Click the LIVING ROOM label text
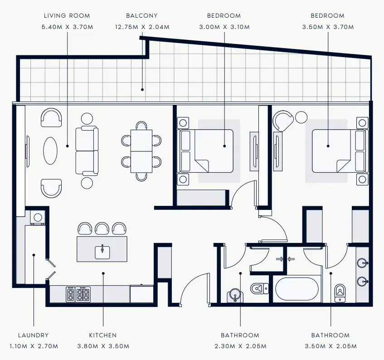tap(68, 16)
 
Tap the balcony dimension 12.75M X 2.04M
tap(142, 27)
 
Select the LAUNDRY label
tap(34, 336)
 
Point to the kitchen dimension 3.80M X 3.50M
tap(103, 346)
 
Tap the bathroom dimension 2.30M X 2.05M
tap(240, 346)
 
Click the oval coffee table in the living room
tap(50, 151)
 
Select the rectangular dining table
tap(141, 151)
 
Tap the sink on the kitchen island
tap(102, 251)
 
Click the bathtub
tap(297, 289)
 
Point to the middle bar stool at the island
tap(102, 228)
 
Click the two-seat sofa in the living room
tap(87, 151)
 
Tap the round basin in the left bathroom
tap(234, 295)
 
